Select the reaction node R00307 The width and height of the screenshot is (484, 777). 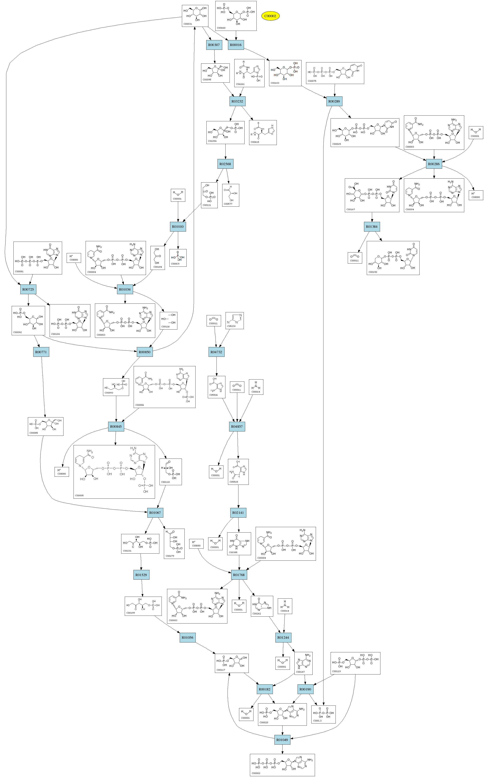(x=214, y=45)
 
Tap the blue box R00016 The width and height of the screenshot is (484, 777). (x=236, y=45)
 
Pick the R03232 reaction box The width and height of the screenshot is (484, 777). (x=237, y=101)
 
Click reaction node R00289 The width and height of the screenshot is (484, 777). (x=334, y=101)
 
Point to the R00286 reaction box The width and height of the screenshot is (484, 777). (x=434, y=164)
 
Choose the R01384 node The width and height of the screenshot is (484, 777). (x=372, y=227)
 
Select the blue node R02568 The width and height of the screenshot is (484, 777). (x=225, y=164)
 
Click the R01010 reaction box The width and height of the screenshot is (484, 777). (x=178, y=227)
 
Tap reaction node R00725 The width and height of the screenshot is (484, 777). (x=28, y=289)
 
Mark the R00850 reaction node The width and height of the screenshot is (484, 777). (x=144, y=352)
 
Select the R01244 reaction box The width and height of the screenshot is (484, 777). (x=283, y=637)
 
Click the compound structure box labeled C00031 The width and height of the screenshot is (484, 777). (x=195, y=16)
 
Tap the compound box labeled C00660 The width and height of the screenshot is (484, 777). (x=236, y=16)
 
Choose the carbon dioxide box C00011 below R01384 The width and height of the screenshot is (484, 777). (x=355, y=258)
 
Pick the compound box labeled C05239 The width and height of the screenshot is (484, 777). (x=235, y=320)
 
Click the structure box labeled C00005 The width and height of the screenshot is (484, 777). (x=114, y=472)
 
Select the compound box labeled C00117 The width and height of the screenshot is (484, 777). (x=232, y=663)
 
